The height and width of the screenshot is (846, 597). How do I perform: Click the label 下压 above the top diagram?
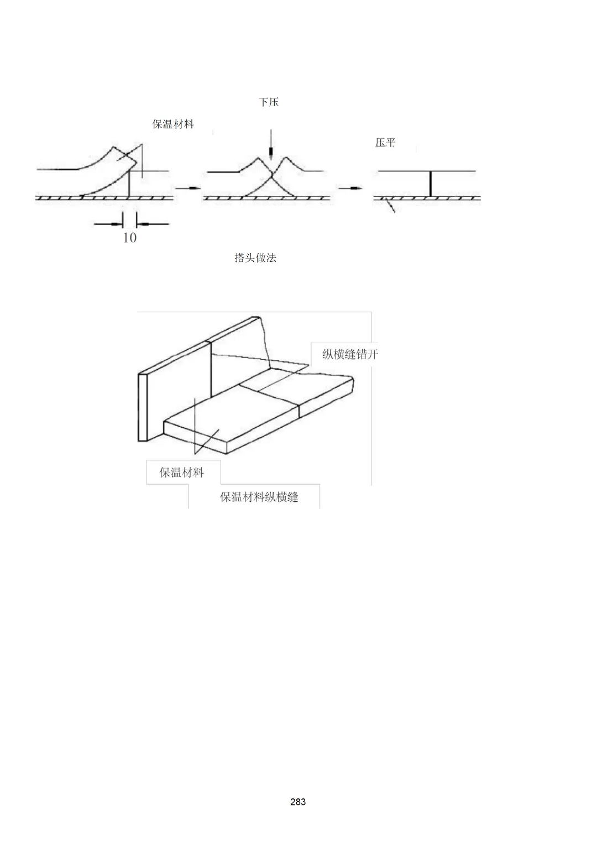point(269,102)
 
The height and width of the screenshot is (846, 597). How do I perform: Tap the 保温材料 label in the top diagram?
point(173,124)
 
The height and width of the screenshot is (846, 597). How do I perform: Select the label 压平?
point(385,142)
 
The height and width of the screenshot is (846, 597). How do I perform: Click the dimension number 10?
point(129,237)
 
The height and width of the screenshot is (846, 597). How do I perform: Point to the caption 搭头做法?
point(255,258)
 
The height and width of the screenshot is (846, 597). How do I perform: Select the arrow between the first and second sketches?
point(187,188)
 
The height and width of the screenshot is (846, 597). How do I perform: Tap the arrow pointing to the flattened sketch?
point(350,188)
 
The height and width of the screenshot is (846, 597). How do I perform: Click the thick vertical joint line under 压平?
point(430,184)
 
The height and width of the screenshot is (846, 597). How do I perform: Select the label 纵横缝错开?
point(350,354)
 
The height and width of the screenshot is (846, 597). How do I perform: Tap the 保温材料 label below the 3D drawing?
point(181,472)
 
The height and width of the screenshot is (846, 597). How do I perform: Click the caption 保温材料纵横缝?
point(259,497)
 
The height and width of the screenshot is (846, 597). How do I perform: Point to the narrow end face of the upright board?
point(142,407)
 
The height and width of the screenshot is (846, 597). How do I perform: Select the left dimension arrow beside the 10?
point(108,224)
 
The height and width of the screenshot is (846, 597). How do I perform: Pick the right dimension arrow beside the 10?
point(152,224)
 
